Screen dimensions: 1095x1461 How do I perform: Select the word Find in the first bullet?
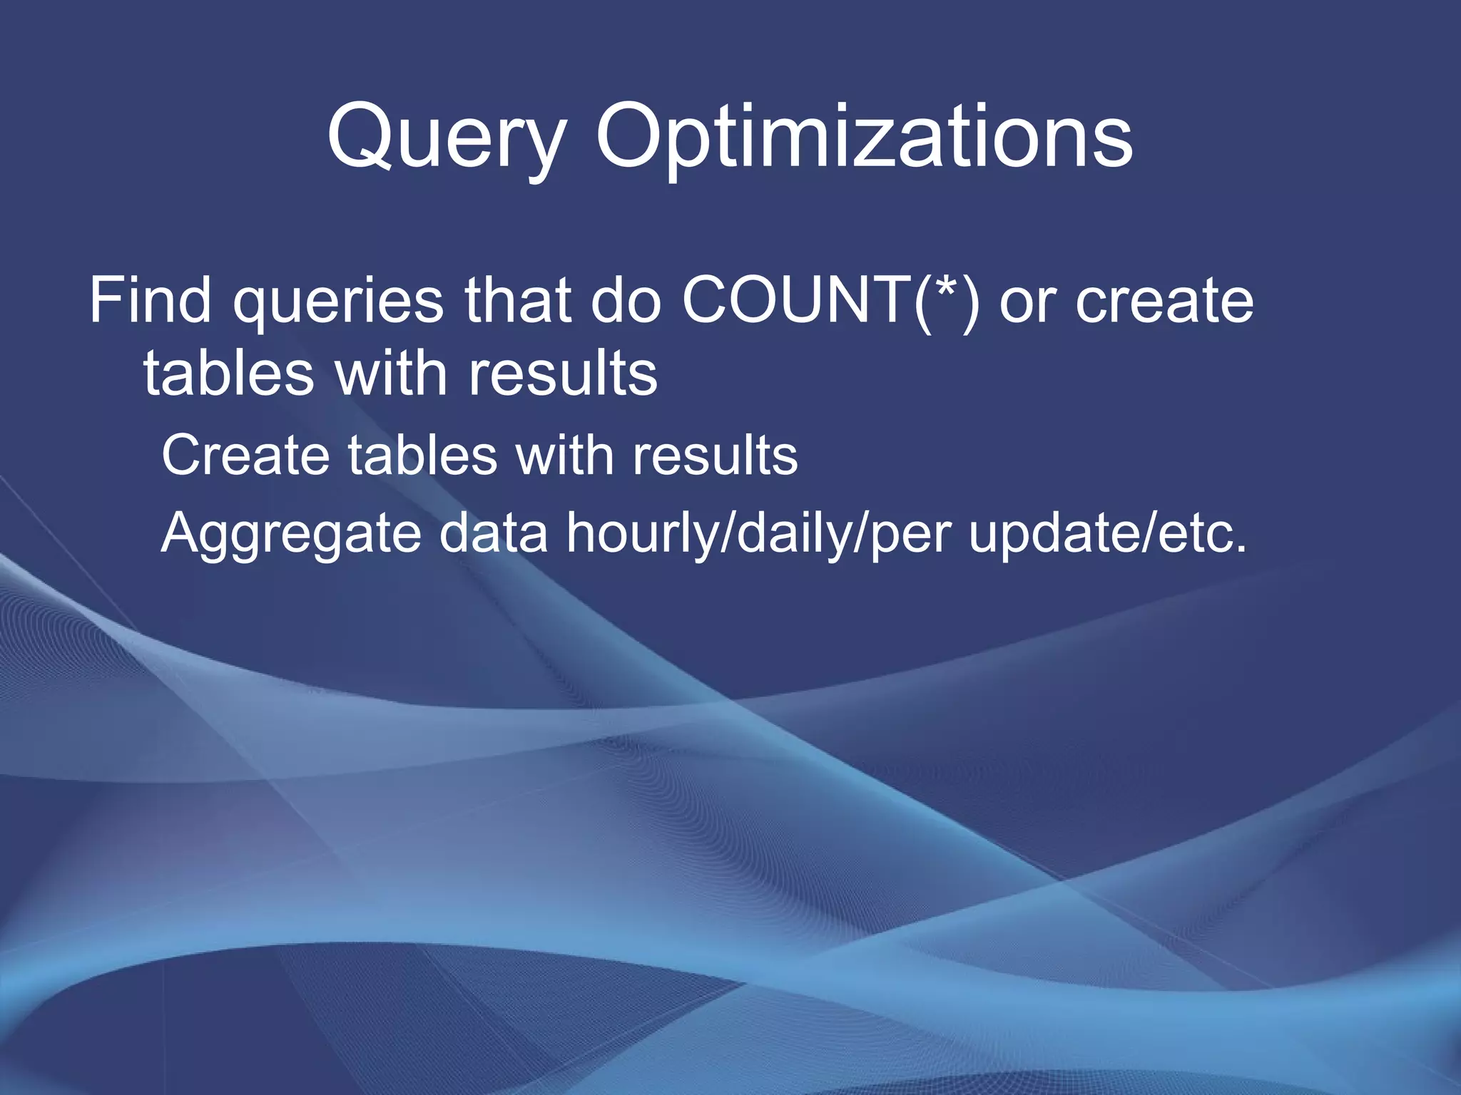tap(151, 300)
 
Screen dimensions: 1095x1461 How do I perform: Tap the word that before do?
tap(518, 300)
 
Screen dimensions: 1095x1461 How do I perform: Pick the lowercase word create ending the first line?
tap(1164, 302)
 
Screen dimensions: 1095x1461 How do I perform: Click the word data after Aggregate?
tap(493, 533)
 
